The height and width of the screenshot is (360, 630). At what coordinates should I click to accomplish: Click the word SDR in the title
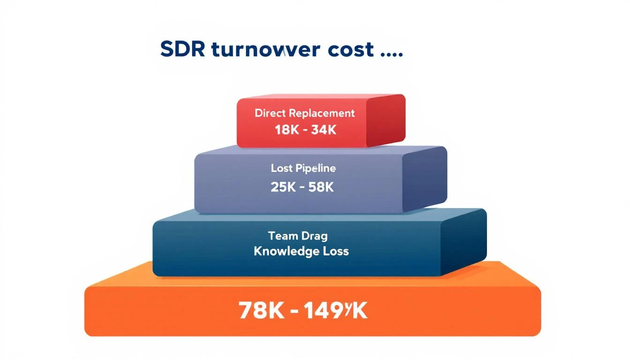[x=182, y=49]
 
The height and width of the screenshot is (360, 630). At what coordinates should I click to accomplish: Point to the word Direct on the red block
[x=270, y=113]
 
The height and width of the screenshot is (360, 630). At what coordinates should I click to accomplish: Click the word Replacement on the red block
[x=322, y=113]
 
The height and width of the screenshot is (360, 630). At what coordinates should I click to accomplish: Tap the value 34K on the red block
[x=323, y=130]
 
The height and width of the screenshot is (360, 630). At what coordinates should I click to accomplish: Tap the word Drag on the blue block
[x=315, y=236]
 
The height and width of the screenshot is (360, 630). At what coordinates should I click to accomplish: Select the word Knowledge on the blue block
[x=283, y=251]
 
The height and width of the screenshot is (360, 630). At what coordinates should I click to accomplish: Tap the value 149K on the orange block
[x=335, y=310]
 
